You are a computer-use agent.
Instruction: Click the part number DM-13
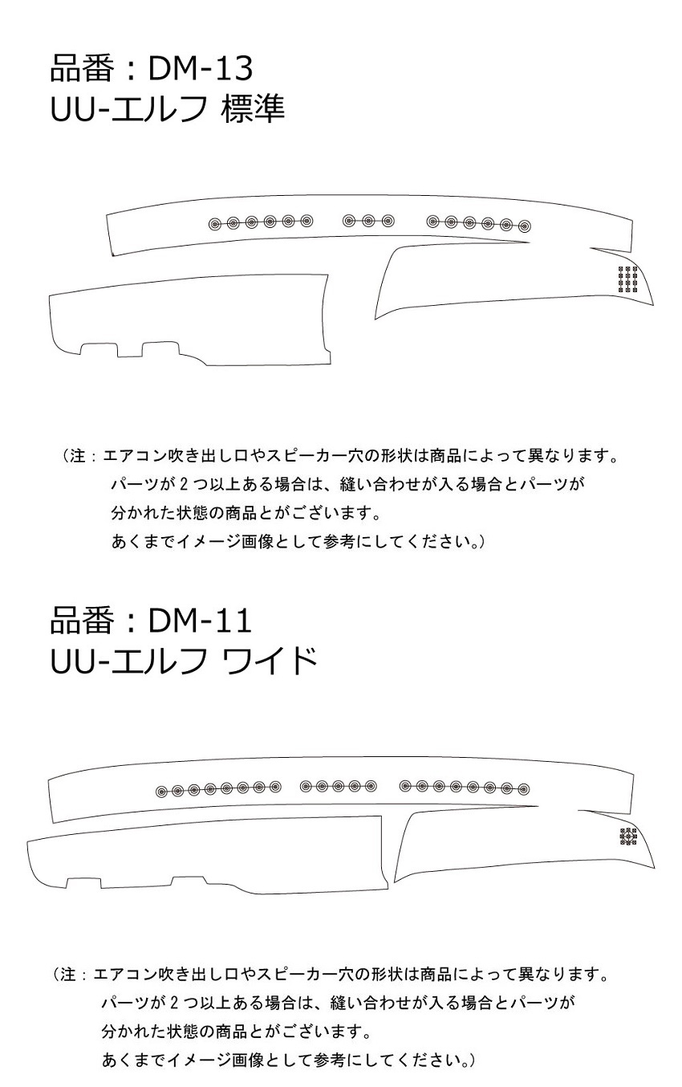(x=201, y=69)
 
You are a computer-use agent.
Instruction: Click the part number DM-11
(x=200, y=621)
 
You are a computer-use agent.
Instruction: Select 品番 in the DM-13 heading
(x=82, y=69)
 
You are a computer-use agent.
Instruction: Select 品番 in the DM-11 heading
(x=82, y=621)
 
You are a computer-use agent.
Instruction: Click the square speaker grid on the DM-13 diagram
(x=627, y=279)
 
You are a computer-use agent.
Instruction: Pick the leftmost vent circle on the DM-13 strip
(x=215, y=224)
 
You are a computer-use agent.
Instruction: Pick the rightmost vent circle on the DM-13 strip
(x=524, y=226)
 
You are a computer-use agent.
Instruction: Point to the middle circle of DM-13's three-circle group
(x=367, y=221)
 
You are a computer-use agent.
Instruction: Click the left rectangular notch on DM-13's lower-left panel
(x=99, y=350)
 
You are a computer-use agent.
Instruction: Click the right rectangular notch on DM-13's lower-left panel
(x=160, y=349)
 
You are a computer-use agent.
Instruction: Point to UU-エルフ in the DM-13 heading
(x=128, y=108)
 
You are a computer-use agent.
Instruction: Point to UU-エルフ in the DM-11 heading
(x=128, y=661)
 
